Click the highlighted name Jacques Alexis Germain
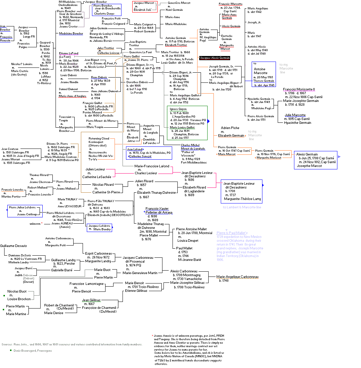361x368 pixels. click(215, 58)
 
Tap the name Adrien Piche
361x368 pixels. click(230, 128)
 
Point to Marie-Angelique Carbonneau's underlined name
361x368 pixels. click(237, 277)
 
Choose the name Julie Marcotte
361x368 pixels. click(295, 115)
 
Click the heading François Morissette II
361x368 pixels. click(299, 89)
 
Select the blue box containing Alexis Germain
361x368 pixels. click(316, 160)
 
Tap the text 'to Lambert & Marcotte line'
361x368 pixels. click(242, 207)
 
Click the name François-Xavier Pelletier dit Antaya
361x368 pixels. click(159, 210)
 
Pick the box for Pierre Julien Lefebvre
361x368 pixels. click(23, 211)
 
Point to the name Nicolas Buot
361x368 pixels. click(17, 291)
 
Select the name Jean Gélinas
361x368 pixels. click(91, 300)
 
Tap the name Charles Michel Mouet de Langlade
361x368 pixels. click(190, 147)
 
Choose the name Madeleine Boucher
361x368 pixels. click(71, 33)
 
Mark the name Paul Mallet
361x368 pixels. click(185, 248)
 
